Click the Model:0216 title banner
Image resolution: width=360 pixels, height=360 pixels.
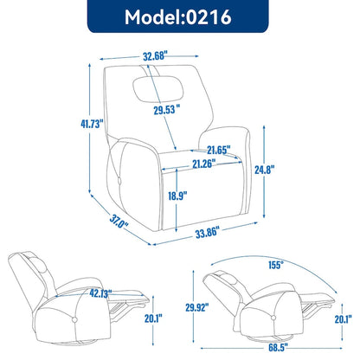pos(179,17)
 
